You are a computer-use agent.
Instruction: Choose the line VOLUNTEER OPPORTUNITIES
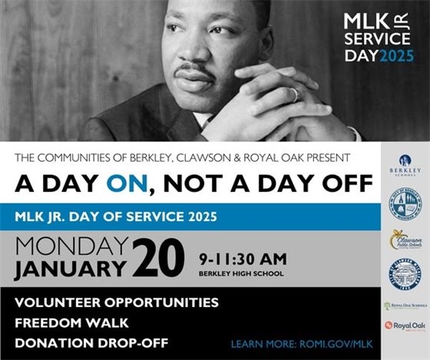click(117, 302)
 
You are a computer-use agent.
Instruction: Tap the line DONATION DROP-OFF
click(91, 342)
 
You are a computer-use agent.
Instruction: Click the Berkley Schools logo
click(405, 164)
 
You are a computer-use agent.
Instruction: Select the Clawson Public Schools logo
click(405, 240)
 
